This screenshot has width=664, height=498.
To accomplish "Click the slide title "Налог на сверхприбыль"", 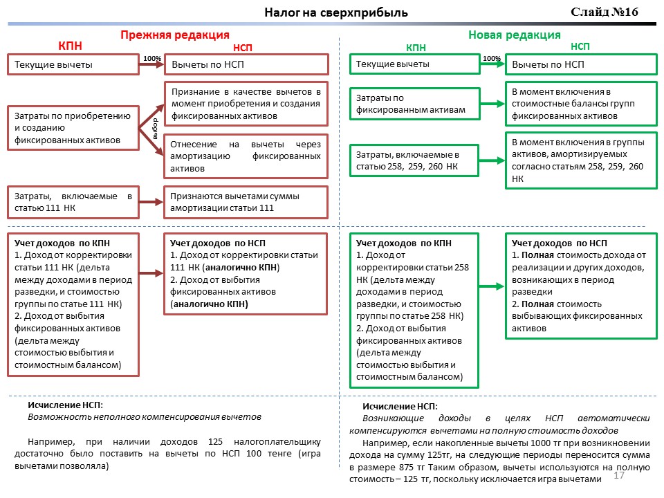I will (x=336, y=12).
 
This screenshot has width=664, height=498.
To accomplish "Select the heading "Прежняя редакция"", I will (x=174, y=35).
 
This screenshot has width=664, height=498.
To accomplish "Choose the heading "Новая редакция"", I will (x=514, y=35).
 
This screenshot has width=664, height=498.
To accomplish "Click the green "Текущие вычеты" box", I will (x=415, y=64).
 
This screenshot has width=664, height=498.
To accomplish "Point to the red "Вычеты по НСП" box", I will (x=246, y=65).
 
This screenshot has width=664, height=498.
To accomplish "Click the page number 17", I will (x=619, y=477).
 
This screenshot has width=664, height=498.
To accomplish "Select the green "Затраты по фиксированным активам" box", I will (x=415, y=104).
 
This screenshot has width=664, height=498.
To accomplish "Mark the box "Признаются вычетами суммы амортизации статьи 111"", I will (x=246, y=202).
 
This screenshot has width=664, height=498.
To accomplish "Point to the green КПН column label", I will (x=416, y=48).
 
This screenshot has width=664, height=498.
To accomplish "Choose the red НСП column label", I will (x=243, y=48).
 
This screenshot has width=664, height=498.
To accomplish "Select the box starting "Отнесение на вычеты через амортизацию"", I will (x=246, y=156).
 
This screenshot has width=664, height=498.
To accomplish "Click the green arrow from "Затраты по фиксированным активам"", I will (x=492, y=104).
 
